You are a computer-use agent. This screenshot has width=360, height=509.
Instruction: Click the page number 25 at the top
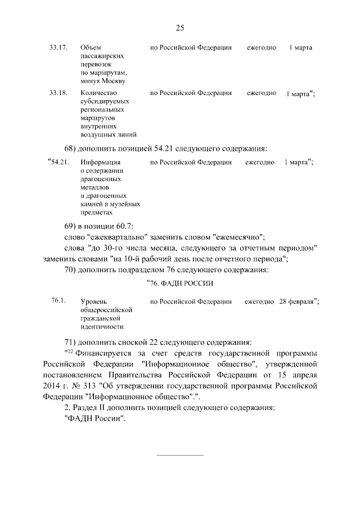pyautogui.click(x=180, y=28)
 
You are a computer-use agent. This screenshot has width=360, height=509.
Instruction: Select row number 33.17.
pyautogui.click(x=58, y=48)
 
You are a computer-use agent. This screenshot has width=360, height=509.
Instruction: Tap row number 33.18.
pyautogui.click(x=58, y=93)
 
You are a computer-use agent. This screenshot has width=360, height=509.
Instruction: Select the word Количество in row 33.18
pyautogui.click(x=98, y=93)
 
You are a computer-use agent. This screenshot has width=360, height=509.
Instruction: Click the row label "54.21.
pyautogui.click(x=58, y=163)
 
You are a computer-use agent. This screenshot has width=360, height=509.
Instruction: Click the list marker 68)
pyautogui.click(x=71, y=148)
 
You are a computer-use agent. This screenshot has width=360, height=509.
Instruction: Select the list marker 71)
pyautogui.click(x=71, y=343)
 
